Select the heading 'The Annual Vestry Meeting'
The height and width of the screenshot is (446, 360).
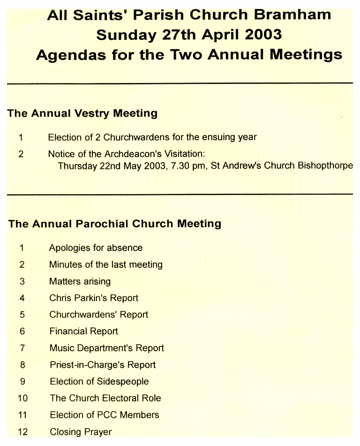coord(82,113)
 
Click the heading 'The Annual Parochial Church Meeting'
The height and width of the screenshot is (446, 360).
coord(114,224)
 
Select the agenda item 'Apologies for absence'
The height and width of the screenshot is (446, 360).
coord(96,248)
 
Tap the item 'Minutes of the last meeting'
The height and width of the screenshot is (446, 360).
coord(105,265)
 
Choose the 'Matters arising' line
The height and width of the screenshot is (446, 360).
coord(80,281)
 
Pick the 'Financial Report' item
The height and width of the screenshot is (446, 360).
coord(83,331)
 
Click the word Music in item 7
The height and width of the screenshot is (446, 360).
coord(62,348)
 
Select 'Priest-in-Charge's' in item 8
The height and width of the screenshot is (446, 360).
coord(87,365)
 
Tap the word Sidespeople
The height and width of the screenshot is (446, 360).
coord(122,381)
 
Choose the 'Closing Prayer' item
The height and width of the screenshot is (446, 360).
coord(81,431)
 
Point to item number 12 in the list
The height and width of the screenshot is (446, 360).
coord(22,431)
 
